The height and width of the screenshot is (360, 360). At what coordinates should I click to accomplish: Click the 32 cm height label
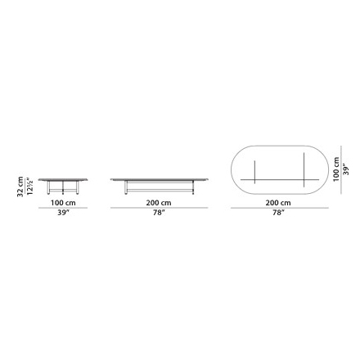20,187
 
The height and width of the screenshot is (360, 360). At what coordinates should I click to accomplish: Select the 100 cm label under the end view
63,203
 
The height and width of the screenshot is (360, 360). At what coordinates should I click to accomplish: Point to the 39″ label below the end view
63,213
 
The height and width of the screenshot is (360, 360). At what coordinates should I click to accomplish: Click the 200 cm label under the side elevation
159,203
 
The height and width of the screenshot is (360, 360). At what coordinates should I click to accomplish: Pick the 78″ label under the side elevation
159,213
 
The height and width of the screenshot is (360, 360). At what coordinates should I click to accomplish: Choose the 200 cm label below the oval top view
278,203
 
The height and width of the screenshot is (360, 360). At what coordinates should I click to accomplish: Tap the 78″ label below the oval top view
278,213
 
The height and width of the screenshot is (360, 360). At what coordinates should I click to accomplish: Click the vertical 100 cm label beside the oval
336,169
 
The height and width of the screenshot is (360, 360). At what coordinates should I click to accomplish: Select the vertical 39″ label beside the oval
346,169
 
